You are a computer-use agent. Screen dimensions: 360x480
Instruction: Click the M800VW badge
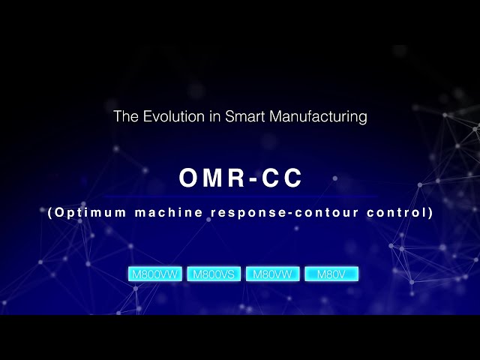(x=155, y=274)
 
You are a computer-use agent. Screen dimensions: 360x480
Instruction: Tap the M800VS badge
(x=214, y=274)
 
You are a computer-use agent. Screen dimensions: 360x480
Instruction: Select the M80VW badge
(x=273, y=274)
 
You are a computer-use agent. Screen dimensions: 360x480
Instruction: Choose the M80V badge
(x=331, y=274)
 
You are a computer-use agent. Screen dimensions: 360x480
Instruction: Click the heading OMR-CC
(x=240, y=178)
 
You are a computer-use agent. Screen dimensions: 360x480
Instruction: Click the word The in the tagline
(x=124, y=117)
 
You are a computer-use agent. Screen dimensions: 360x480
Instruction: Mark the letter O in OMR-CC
(x=188, y=178)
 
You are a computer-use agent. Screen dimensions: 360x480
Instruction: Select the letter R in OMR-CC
(x=235, y=178)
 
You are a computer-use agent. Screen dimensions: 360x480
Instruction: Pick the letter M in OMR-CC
(x=211, y=178)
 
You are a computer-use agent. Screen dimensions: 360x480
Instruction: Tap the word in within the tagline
(x=203, y=117)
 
